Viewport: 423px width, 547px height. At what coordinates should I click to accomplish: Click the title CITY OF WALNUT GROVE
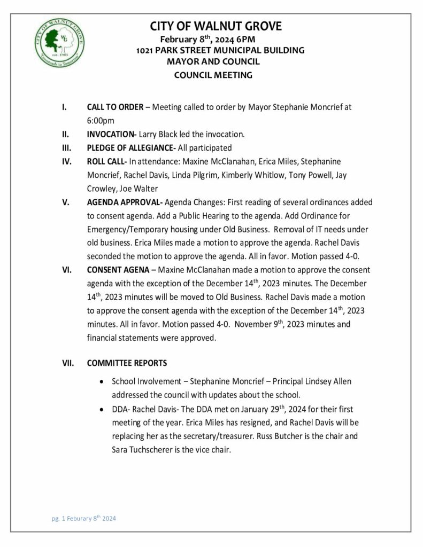[x=216, y=26]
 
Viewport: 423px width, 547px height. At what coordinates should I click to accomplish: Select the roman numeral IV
[x=64, y=161]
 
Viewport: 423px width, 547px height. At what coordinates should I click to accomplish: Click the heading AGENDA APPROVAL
[x=124, y=202]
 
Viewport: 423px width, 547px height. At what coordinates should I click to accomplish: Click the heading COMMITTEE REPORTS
[x=127, y=363]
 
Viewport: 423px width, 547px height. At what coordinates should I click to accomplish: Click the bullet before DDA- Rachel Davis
[x=102, y=410]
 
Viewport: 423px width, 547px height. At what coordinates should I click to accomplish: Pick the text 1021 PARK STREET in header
[x=168, y=50]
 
